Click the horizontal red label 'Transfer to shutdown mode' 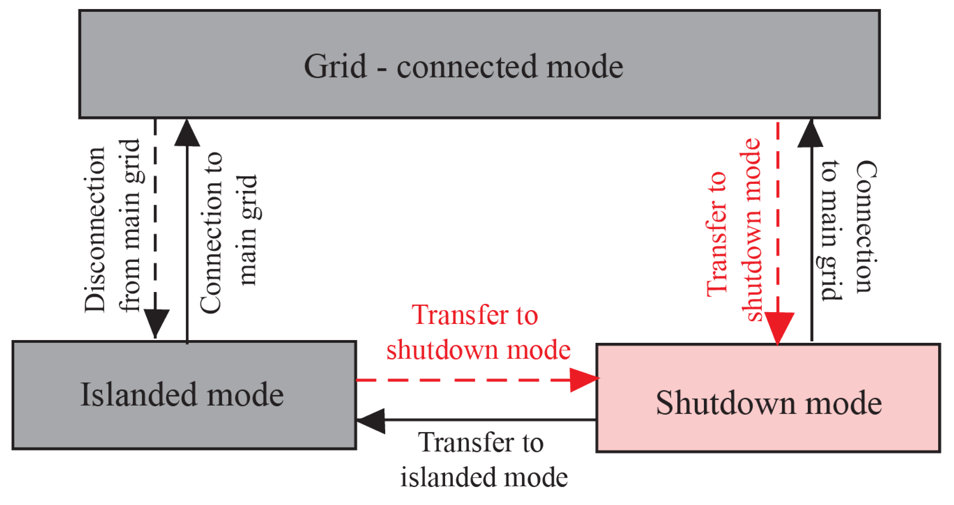pyautogui.click(x=478, y=333)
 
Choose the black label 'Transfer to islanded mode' pyautogui.click(x=484, y=460)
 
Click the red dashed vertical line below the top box pyautogui.click(x=778, y=216)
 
